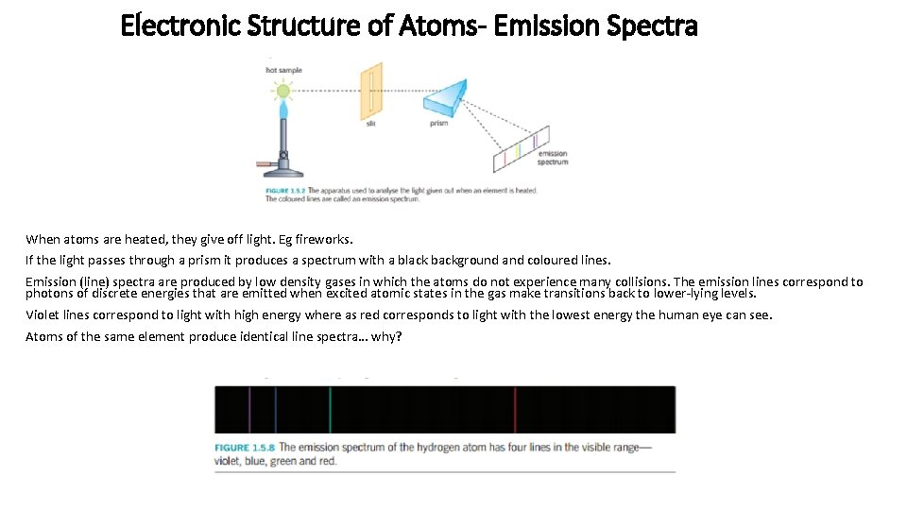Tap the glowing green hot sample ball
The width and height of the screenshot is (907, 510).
point(282,92)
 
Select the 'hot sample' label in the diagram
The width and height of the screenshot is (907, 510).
point(284,71)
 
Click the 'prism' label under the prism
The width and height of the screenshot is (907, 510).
point(438,124)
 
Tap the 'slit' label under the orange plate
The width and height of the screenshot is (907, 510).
point(370,124)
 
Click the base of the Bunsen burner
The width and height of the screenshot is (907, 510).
point(283,172)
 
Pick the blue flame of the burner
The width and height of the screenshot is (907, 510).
point(282,115)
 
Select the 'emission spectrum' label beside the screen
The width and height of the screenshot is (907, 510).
point(553,158)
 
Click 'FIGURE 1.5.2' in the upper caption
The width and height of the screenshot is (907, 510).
point(285,190)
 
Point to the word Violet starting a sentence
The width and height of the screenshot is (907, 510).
point(43,314)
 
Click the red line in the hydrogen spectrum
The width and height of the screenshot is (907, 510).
point(515,410)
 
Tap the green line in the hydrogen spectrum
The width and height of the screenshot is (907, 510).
point(331,410)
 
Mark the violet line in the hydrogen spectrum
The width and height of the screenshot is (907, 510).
point(249,410)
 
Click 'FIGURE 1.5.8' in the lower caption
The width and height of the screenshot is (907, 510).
point(245,448)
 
